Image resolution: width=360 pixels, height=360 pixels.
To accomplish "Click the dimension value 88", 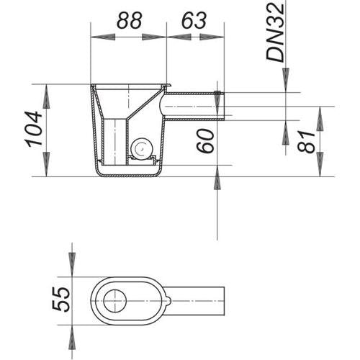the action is pos(130,20).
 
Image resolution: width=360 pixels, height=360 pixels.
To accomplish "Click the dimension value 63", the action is pos(194,20).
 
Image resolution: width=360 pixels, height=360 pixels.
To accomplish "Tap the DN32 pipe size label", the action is pos(276,32).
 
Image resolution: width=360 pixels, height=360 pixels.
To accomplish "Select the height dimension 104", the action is pos(34,129).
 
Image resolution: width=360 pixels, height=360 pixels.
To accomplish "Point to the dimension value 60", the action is pos(205,140).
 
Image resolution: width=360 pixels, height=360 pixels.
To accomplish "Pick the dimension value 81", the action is pos(306,142).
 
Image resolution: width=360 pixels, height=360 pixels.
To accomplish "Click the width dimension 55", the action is pos(61,300).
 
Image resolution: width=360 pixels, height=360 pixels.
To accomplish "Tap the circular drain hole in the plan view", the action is pos(115,301).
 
